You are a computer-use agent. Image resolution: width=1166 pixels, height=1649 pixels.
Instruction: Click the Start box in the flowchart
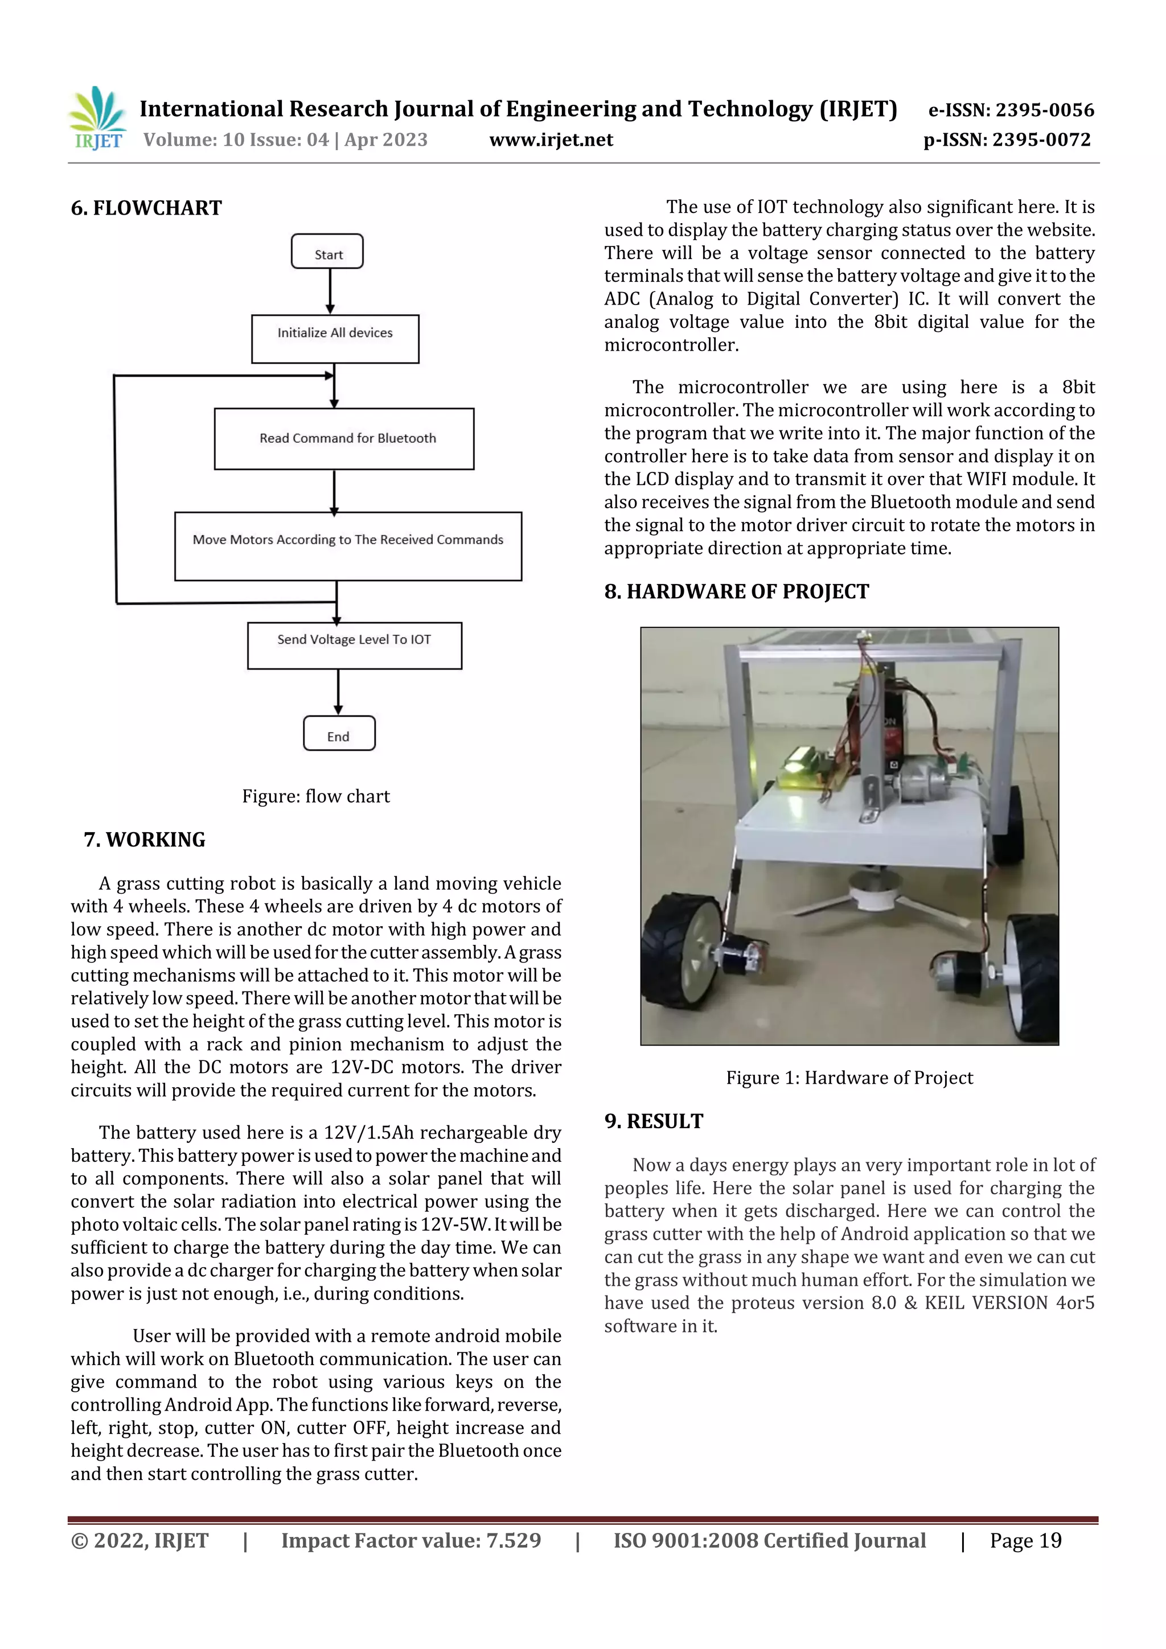[x=327, y=252]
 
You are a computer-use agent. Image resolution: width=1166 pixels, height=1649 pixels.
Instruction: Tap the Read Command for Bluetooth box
[x=344, y=439]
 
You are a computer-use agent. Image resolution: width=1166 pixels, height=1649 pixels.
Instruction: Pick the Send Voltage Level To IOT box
[x=354, y=645]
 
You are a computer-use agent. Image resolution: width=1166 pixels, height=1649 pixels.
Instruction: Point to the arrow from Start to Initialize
[x=330, y=291]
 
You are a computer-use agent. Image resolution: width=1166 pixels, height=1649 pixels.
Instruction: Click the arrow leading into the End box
[x=338, y=692]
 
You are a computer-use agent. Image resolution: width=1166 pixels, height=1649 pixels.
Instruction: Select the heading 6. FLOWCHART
[x=146, y=208]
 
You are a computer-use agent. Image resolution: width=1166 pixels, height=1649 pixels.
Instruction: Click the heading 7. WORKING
[x=145, y=840]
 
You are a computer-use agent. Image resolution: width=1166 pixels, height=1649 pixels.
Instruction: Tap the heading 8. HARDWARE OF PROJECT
[x=736, y=592]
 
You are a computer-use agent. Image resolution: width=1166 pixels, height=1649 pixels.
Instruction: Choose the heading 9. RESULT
[x=654, y=1121]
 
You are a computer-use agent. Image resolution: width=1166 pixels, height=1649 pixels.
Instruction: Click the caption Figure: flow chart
[x=315, y=796]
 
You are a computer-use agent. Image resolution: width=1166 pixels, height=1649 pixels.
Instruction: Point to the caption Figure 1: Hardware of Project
[x=849, y=1078]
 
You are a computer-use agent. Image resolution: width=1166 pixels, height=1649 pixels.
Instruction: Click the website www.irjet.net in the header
[x=551, y=140]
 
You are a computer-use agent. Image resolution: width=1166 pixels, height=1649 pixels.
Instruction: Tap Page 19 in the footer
[x=1025, y=1540]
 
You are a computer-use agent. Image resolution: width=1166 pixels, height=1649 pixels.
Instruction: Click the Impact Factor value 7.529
[x=514, y=1540]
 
